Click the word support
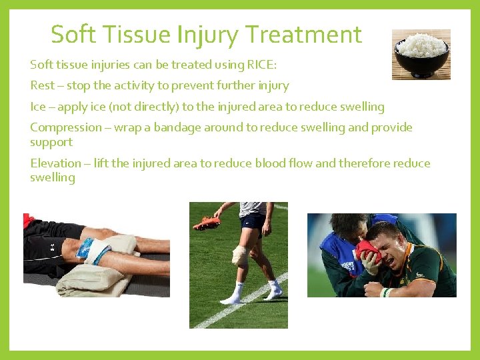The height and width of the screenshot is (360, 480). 51,142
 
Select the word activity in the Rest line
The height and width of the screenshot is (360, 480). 144,85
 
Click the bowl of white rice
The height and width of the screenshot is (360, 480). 421,54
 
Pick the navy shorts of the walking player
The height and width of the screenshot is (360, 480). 252,222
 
